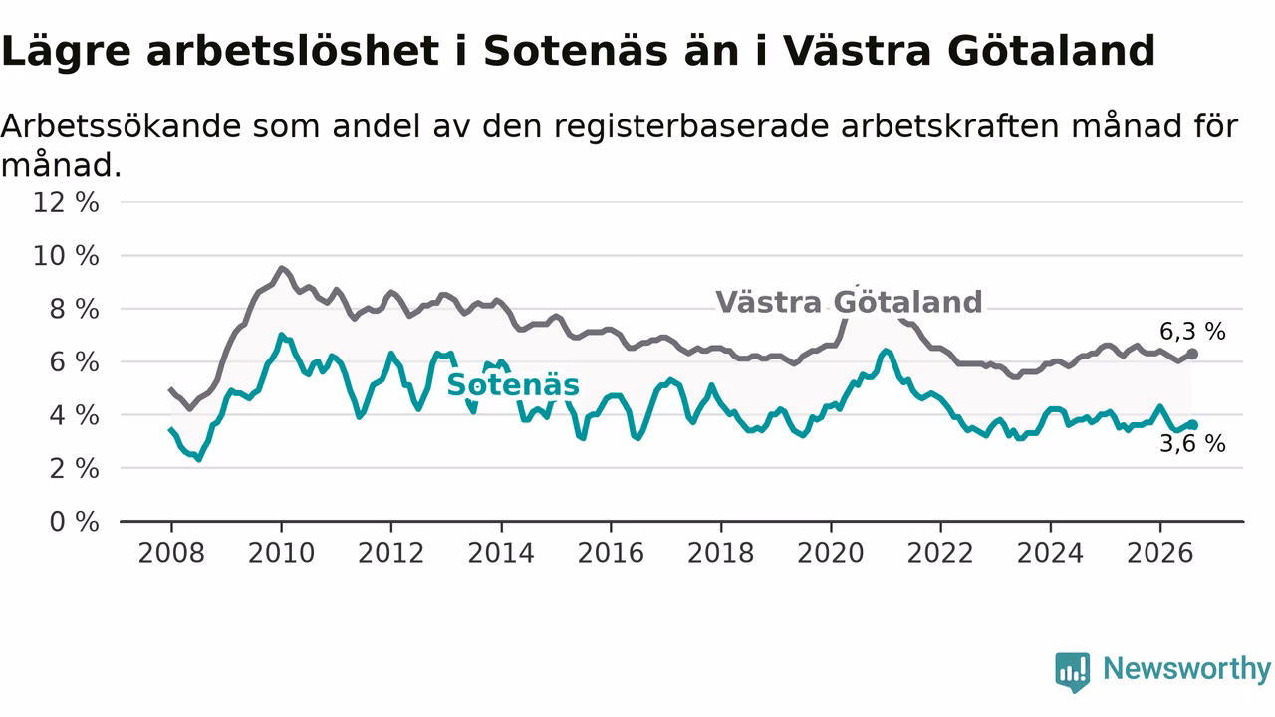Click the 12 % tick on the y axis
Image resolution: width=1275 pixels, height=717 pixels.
[66, 202]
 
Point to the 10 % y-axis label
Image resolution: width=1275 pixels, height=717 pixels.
[66, 256]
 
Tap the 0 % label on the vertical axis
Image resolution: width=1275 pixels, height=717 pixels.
[75, 522]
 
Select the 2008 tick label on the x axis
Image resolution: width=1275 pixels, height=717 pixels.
[171, 553]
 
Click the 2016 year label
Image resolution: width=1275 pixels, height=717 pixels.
[611, 553]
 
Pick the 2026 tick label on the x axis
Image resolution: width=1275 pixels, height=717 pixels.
[1160, 553]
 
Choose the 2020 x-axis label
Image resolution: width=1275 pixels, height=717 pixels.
[831, 553]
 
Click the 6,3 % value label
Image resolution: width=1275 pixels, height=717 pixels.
[1192, 332]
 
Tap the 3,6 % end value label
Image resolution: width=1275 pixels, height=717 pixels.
[1192, 444]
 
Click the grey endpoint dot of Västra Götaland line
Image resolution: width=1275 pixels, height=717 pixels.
[1192, 354]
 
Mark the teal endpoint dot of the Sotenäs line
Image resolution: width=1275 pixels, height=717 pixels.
[1192, 425]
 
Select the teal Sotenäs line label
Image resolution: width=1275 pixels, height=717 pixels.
[513, 385]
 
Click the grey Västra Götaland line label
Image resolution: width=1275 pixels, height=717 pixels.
[849, 302]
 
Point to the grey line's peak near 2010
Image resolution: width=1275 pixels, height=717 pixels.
[281, 268]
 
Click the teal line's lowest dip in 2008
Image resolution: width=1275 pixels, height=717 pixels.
[198, 459]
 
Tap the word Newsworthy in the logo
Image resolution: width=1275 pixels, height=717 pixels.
[1186, 668]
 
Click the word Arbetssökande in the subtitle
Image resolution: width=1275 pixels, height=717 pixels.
[121, 126]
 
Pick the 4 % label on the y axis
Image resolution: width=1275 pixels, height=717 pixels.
[75, 416]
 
